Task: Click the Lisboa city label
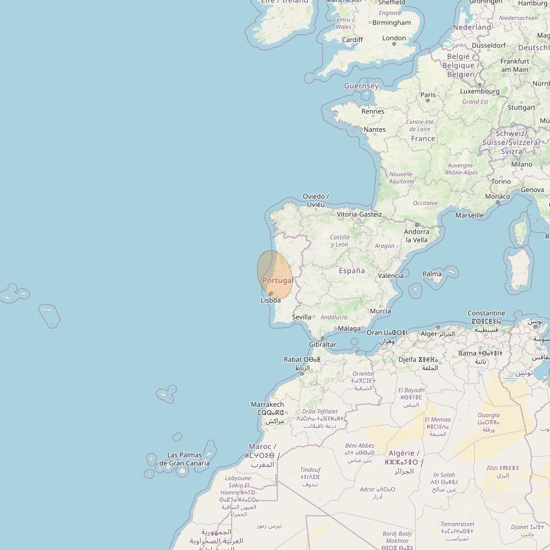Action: [x=271, y=300]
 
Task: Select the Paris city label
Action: [x=428, y=95]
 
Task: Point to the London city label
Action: [x=394, y=39]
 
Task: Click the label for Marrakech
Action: [x=267, y=405]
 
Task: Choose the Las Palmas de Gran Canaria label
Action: [x=185, y=459]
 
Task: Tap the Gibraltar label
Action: [x=323, y=345]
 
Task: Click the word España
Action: [x=351, y=271]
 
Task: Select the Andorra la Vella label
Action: [x=416, y=235]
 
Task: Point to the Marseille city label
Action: [x=469, y=215]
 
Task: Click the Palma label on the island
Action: [x=432, y=274]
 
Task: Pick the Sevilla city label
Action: [x=301, y=317]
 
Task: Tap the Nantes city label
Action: [x=374, y=129]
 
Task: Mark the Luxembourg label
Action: [x=480, y=91]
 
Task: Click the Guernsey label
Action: [x=361, y=86]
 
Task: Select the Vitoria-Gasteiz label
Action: [x=359, y=214]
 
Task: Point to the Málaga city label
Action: [x=349, y=329]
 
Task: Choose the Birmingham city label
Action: [x=391, y=23]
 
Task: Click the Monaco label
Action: [x=497, y=197]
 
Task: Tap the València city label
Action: [x=391, y=276]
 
